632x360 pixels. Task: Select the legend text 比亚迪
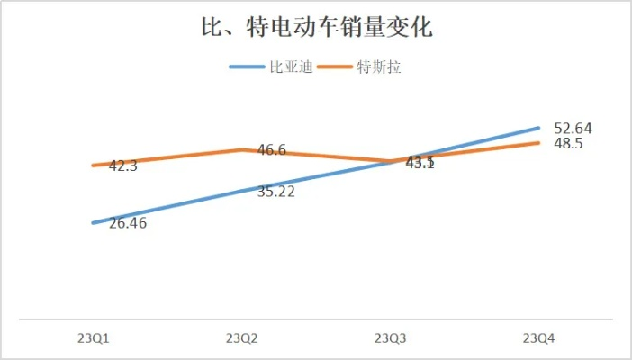291,67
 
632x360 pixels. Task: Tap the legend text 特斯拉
378,67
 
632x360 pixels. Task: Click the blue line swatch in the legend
248,67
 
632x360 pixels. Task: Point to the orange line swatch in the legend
335,67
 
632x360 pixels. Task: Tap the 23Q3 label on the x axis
391,338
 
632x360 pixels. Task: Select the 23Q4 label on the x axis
539,338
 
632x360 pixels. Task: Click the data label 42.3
122,166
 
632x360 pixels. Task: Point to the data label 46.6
272,150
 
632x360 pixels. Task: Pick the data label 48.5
568,143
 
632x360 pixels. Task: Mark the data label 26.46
127,223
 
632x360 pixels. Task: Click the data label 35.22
275,192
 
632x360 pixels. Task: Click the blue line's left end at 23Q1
93,222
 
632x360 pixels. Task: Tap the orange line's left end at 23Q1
93,165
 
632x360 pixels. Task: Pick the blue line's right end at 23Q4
539,128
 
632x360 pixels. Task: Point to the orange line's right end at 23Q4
539,142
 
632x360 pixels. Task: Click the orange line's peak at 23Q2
241,149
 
